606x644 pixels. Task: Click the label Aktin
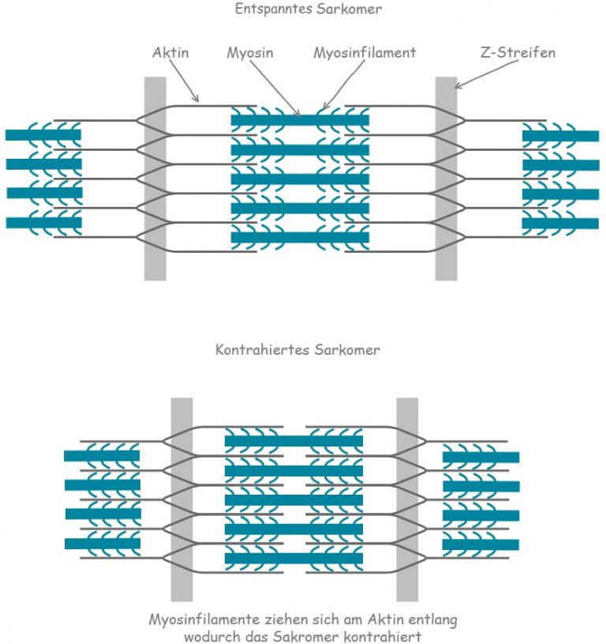(x=170, y=54)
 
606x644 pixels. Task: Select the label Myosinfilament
(x=364, y=54)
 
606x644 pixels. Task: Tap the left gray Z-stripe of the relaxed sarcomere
(x=155, y=179)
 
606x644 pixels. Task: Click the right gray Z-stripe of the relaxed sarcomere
(x=446, y=179)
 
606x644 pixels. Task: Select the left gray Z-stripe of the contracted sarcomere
(x=181, y=499)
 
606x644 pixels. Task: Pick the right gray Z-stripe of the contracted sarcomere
(x=407, y=499)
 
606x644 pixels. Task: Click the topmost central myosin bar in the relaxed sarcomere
(x=300, y=120)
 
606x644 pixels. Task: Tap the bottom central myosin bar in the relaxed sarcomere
(x=300, y=237)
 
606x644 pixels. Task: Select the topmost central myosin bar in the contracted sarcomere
(x=294, y=441)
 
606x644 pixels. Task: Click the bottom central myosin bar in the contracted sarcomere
(x=294, y=559)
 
